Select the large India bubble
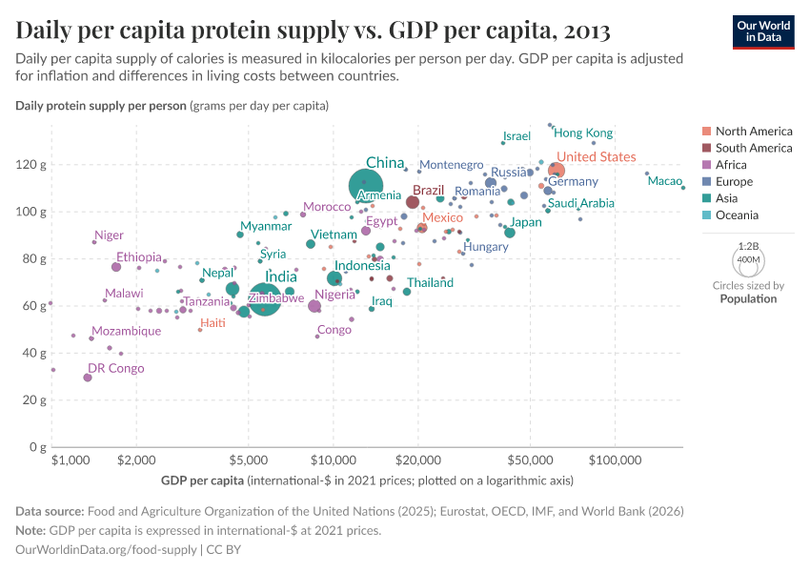pos(266,299)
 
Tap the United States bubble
pos(556,172)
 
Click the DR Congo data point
pos(88,378)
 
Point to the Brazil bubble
pos(413,202)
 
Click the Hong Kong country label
pos(583,133)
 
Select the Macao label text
pos(664,181)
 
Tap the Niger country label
pos(109,235)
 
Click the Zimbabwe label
pos(277,298)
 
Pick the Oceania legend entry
pos(738,215)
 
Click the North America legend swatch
pos(705,132)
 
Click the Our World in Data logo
pos(763,31)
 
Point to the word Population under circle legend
pos(748,298)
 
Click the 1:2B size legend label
pos(748,245)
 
